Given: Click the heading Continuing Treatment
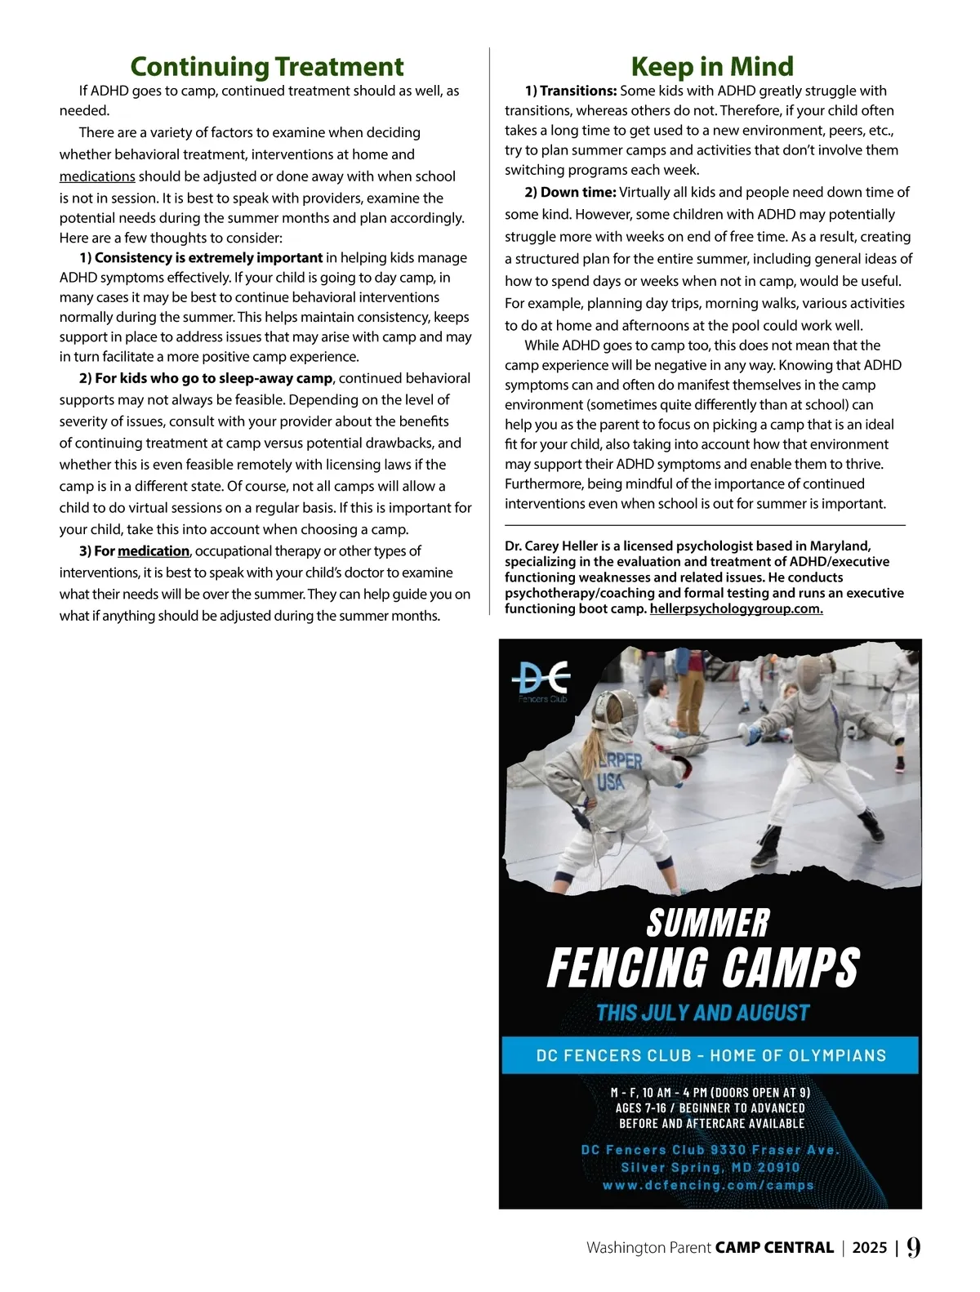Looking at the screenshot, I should pyautogui.click(x=266, y=66).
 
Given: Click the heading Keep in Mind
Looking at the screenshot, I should pyautogui.click(x=711, y=66).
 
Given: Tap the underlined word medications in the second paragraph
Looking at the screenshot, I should pyautogui.click(x=97, y=176).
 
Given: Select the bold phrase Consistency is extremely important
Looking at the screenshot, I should pyautogui.click(x=208, y=258).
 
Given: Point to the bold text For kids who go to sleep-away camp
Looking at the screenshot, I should pyautogui.click(x=213, y=378).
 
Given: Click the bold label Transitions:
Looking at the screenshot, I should pyautogui.click(x=577, y=91).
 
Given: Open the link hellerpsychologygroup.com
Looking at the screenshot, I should pyautogui.click(x=736, y=608).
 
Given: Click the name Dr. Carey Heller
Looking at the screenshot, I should pyautogui.click(x=551, y=546).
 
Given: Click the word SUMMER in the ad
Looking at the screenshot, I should pyautogui.click(x=708, y=923).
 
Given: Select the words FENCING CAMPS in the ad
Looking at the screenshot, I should pyautogui.click(x=703, y=968).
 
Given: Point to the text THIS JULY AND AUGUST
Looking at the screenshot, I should pyautogui.click(x=702, y=1013).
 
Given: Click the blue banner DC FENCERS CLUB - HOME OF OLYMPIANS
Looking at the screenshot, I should pyautogui.click(x=710, y=1055).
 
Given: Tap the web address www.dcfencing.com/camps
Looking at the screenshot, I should pyautogui.click(x=708, y=1185).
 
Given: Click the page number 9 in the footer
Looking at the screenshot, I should pyautogui.click(x=913, y=1246).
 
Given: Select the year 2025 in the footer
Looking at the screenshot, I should pyautogui.click(x=869, y=1248).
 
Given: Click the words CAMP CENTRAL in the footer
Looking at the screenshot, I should pyautogui.click(x=774, y=1248).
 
